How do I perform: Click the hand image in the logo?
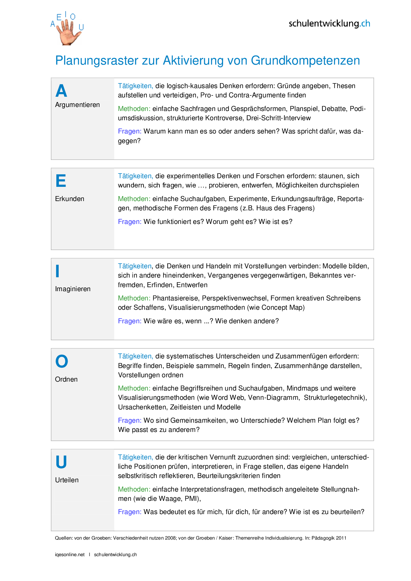[x=69, y=32]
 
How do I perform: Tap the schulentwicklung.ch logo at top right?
[x=329, y=24]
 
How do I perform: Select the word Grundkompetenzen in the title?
[x=305, y=61]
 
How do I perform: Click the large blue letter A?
[x=61, y=91]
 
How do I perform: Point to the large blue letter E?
[x=61, y=181]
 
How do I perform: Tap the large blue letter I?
[x=57, y=271]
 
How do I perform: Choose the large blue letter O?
[x=62, y=361]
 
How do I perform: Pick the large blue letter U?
[x=61, y=462]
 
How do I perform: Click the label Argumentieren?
[x=77, y=105]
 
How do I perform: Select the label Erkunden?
[x=70, y=199]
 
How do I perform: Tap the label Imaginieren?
[x=73, y=289]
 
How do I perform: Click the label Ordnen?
[x=66, y=379]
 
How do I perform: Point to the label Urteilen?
[x=67, y=480]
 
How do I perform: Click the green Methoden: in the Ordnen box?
[x=134, y=388]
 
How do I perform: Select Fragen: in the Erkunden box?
[x=130, y=222]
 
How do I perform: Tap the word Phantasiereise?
[x=175, y=298]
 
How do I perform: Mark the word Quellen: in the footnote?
[x=64, y=538]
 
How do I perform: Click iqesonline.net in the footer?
[x=70, y=555]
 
